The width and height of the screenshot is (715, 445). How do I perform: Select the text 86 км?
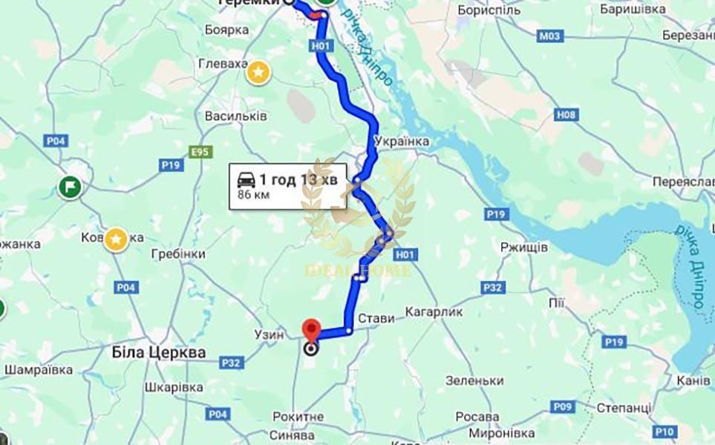coord(252,195)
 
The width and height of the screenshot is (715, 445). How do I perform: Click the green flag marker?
coord(71,186)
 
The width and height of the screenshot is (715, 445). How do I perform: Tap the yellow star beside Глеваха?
coord(258,72)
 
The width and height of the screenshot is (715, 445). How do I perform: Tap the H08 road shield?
coord(567,114)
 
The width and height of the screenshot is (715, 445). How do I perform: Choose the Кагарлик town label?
coord(434,312)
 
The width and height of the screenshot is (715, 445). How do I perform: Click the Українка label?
coord(402,141)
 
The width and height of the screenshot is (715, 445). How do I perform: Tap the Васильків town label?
coord(236,117)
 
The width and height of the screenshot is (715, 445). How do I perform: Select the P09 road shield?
coord(562,406)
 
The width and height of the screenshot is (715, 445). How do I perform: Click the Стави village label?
coord(376,319)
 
